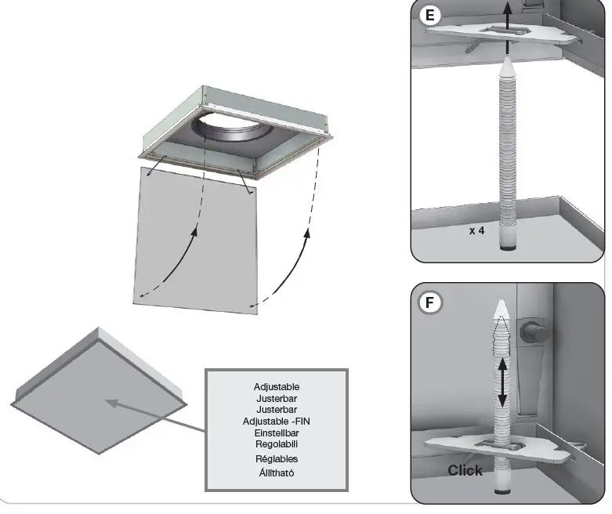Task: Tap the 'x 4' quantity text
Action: pos(477,231)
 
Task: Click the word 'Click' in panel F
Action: pos(465,470)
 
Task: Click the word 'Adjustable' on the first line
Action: pos(277,386)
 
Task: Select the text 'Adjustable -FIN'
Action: pos(277,421)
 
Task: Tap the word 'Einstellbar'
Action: pos(277,433)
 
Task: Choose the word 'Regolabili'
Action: pos(277,444)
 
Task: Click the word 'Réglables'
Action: pos(277,458)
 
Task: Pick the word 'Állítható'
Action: pos(277,472)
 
